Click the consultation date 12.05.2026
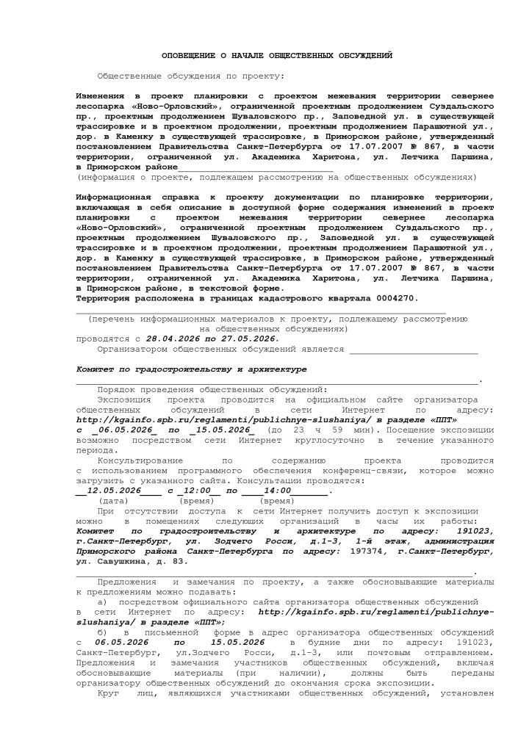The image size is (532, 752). [x=112, y=489]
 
